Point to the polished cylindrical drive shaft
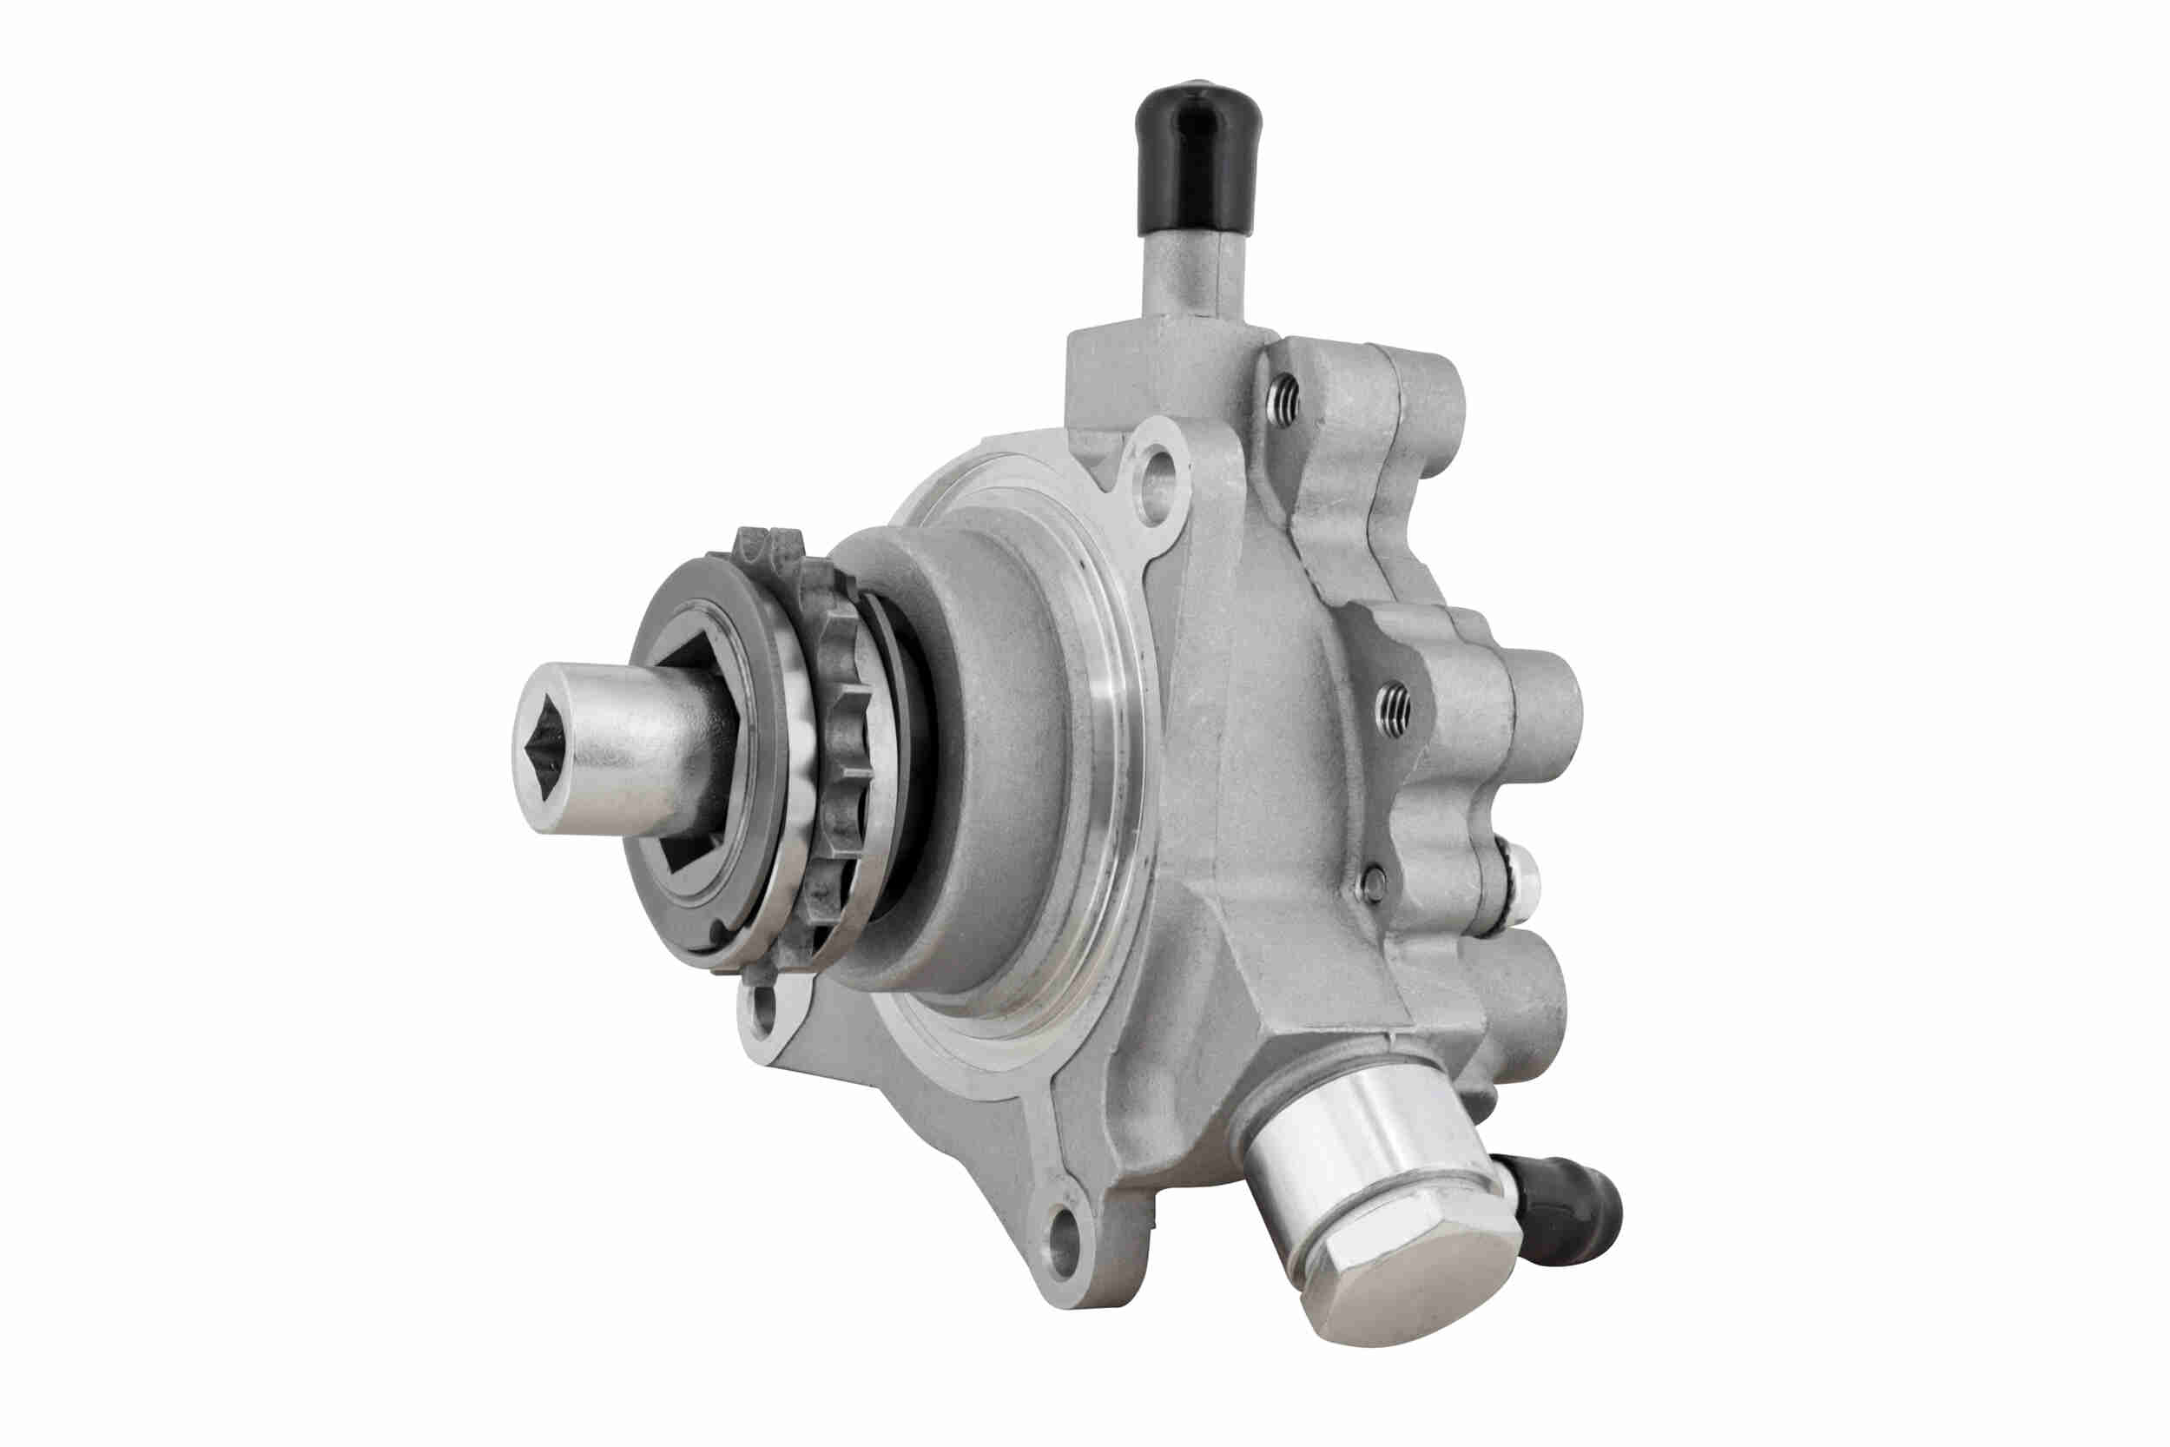(627, 738)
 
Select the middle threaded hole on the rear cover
(1391, 709)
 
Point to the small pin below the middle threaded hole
(1375, 882)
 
